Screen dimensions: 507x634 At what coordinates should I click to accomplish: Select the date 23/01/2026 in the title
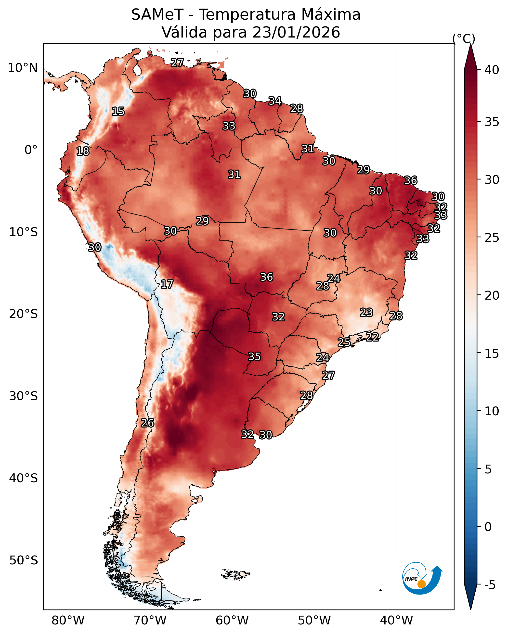(x=296, y=32)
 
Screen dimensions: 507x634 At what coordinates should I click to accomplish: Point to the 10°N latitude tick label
(x=23, y=68)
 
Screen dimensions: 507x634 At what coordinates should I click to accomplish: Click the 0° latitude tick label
(x=31, y=150)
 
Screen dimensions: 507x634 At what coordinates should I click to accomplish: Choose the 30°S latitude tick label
(x=24, y=396)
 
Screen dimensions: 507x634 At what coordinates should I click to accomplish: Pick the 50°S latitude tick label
(x=24, y=560)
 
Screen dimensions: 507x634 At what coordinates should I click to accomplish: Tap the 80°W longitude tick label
(x=68, y=621)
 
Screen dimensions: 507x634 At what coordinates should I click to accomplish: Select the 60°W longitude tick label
(x=232, y=621)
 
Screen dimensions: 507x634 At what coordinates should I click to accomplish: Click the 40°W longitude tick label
(x=396, y=621)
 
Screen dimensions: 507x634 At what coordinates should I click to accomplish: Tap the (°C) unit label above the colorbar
(x=464, y=39)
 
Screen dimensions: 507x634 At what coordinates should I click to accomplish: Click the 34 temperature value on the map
(x=275, y=101)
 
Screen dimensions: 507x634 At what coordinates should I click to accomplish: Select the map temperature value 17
(x=167, y=284)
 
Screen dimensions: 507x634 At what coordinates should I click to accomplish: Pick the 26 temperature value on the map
(x=147, y=423)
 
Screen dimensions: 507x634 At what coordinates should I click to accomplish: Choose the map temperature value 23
(x=366, y=312)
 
